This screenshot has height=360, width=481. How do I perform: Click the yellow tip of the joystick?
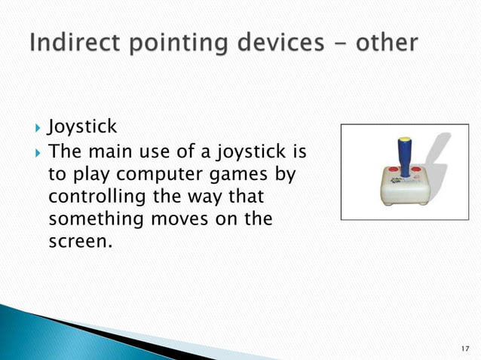click(406, 141)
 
